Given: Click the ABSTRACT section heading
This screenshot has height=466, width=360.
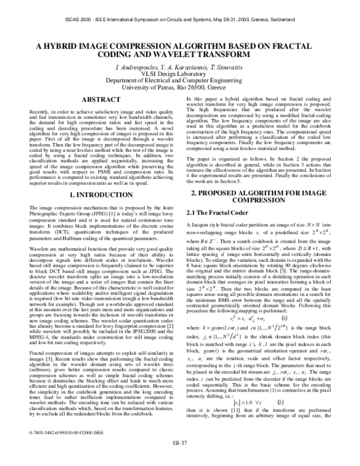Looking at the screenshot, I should pyautogui.click(x=100, y=98).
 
